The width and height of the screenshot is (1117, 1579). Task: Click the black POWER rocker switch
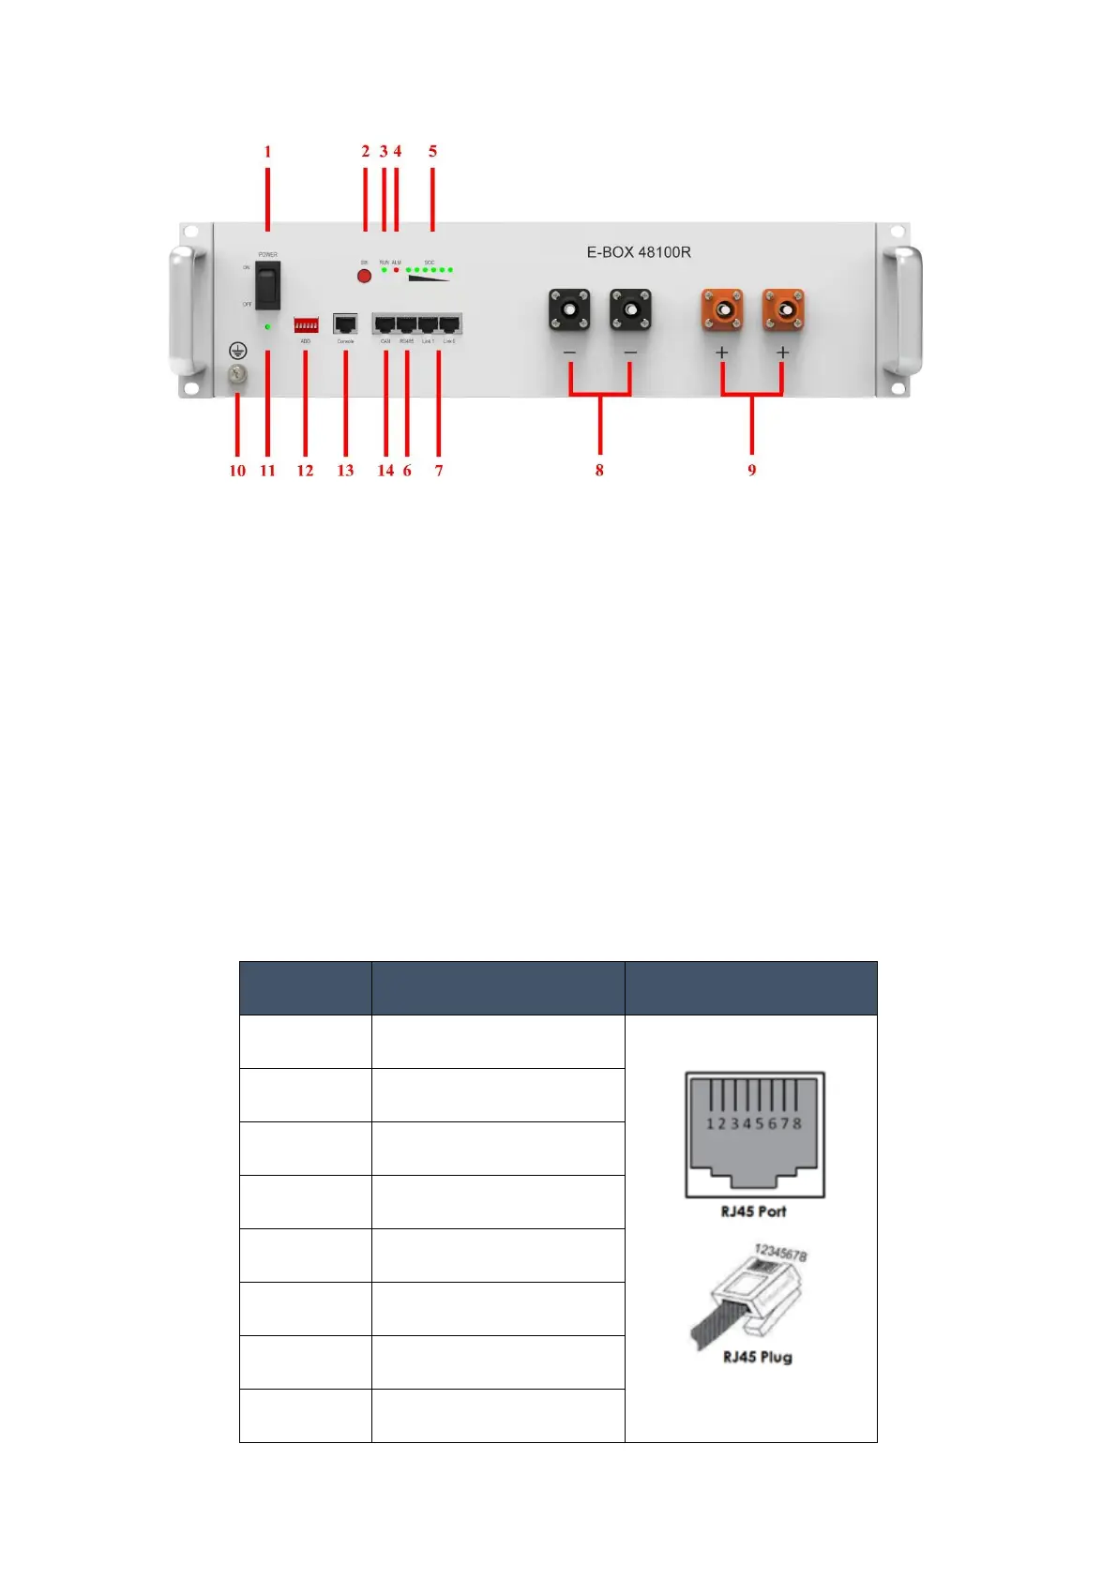tap(268, 285)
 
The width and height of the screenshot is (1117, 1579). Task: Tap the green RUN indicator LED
tap(385, 270)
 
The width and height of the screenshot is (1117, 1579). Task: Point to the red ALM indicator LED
tap(396, 270)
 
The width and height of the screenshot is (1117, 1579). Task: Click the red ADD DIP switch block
tap(306, 324)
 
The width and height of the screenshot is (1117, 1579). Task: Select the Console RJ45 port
tap(345, 324)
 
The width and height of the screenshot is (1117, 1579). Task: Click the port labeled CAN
tap(385, 324)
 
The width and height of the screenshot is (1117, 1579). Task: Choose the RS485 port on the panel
tap(406, 324)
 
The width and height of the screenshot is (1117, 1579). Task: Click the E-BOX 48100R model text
tap(639, 252)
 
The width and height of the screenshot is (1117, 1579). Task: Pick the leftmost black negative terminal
tap(569, 309)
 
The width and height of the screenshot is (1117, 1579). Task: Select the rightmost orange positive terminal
tap(783, 309)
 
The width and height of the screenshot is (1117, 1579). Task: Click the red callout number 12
tap(305, 471)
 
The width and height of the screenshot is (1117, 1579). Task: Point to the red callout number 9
tap(751, 471)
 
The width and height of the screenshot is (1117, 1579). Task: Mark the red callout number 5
tap(432, 151)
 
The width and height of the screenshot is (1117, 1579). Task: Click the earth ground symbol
tap(238, 351)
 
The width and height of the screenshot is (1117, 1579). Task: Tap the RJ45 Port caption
tap(754, 1211)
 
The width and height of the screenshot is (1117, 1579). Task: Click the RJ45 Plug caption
tap(757, 1357)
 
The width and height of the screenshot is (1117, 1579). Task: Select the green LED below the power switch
tap(268, 326)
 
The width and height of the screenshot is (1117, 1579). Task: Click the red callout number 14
tap(385, 471)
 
